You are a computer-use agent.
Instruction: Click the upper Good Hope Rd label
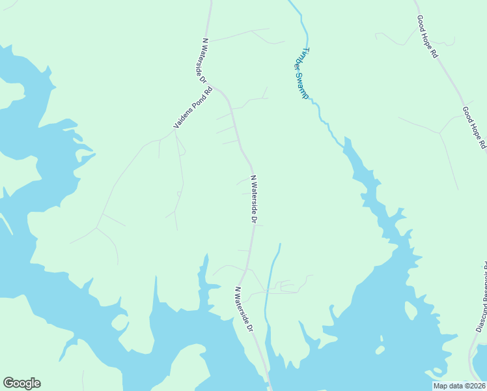[427, 37]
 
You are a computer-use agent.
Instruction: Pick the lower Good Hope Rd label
[473, 128]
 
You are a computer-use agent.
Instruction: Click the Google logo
[22, 383]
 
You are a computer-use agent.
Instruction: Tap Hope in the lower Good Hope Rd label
[474, 128]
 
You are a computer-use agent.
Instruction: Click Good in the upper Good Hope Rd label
[421, 25]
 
